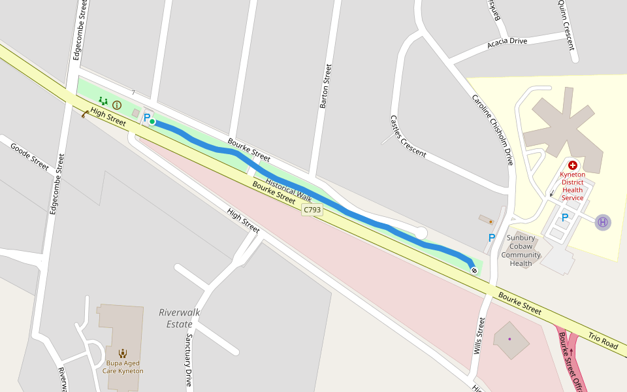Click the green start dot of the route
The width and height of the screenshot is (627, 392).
tap(152, 122)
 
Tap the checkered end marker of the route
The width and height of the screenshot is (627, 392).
tap(474, 270)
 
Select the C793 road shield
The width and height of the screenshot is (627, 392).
tap(312, 210)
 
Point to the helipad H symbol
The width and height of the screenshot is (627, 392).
tap(602, 222)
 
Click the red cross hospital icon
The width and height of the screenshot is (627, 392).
tap(573, 166)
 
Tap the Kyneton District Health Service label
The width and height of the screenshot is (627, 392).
tap(573, 186)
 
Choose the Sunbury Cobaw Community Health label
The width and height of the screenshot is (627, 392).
tap(521, 251)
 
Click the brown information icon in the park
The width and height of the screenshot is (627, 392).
tap(117, 105)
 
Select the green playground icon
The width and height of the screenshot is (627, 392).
tap(103, 101)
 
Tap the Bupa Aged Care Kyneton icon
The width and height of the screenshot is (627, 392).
tap(123, 353)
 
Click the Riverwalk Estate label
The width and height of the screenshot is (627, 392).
tap(180, 318)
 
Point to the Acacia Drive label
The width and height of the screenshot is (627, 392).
tap(507, 42)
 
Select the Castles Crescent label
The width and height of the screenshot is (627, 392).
tap(408, 137)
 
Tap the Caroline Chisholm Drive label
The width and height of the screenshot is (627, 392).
tap(493, 129)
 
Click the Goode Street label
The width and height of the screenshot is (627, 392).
tap(30, 156)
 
